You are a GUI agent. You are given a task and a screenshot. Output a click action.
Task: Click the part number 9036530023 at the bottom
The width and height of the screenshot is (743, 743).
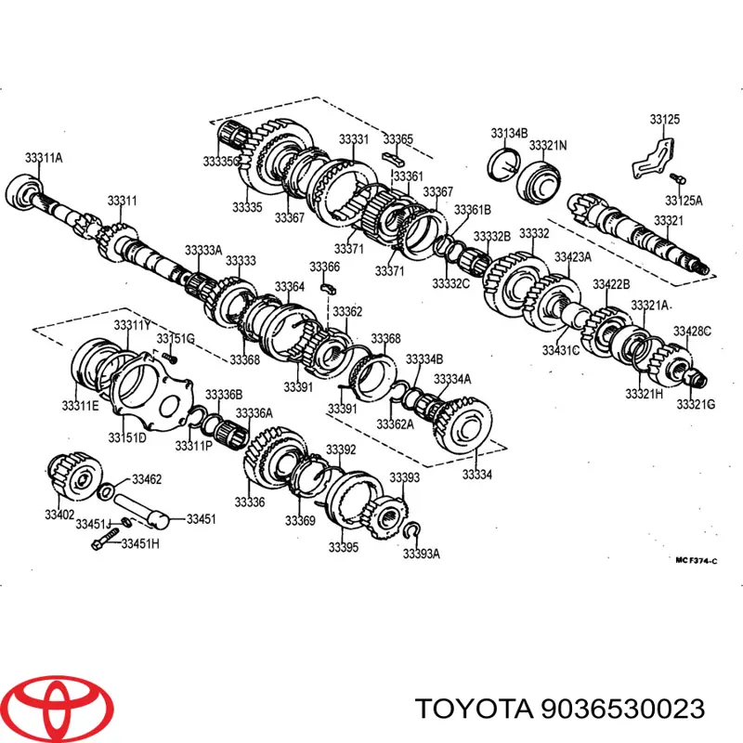point(622,709)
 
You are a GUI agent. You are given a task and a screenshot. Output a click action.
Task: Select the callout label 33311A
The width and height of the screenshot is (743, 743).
point(44,157)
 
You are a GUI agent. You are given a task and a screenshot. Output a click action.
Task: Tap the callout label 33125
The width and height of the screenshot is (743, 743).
point(664,119)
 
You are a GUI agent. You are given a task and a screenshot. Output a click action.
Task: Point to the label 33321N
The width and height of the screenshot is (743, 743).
point(548,145)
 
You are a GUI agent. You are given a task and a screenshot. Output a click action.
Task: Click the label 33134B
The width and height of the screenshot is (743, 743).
point(509,133)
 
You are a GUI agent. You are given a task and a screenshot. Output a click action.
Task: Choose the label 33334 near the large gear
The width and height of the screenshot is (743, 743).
point(477,474)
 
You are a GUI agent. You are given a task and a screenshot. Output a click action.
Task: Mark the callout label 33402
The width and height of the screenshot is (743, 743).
point(59,515)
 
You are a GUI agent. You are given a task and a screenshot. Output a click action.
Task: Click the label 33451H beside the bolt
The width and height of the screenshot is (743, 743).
point(140,543)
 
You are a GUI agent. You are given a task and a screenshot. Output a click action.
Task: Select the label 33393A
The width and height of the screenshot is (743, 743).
point(422,553)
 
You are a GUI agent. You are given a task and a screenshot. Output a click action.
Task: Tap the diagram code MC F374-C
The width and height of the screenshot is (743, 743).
point(696,561)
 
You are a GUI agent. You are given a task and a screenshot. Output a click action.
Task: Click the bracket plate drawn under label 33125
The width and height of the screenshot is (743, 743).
point(653,159)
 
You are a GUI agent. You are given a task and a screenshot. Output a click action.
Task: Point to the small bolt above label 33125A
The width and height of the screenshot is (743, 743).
point(678,178)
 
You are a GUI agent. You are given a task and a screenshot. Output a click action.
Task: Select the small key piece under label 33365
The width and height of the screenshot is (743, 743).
point(394,157)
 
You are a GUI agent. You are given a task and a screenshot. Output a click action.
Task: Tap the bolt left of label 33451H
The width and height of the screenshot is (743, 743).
point(105,540)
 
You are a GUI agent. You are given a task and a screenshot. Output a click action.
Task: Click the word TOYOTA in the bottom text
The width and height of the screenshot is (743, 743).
point(474,709)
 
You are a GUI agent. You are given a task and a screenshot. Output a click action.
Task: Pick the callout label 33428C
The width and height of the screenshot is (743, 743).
point(692,331)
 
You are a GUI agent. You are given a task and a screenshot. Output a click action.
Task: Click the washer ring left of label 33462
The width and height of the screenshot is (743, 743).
point(105,491)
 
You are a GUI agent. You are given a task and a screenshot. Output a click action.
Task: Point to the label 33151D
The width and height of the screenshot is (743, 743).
point(127,437)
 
